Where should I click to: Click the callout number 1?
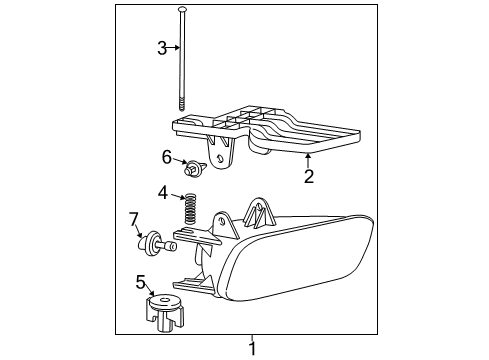[252, 349]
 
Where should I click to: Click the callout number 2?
[309, 177]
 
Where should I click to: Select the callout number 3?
[162, 47]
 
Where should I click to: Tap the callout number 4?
[162, 192]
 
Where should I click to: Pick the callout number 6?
[167, 156]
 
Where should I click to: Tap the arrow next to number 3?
[175, 47]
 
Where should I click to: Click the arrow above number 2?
[308, 160]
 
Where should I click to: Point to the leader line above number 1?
[252, 338]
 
